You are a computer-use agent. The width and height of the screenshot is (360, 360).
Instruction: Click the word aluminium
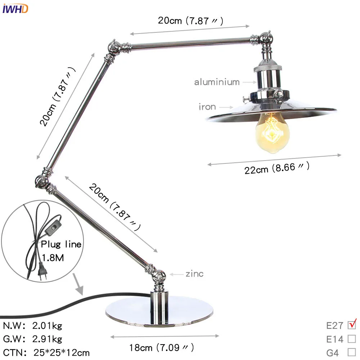point(217,82)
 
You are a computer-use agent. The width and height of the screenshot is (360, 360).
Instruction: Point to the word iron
point(207,107)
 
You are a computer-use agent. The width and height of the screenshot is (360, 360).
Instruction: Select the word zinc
point(194,274)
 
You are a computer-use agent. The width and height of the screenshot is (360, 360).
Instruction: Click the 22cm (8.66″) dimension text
point(277,168)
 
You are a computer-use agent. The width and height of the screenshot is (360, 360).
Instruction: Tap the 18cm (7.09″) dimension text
point(162,348)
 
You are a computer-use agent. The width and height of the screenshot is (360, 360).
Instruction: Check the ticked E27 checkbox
point(351,325)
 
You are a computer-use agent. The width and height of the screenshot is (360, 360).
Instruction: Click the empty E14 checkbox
point(351,339)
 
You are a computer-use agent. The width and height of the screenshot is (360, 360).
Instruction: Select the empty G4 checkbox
point(351,352)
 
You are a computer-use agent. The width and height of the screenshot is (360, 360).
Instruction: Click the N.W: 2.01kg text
point(33,326)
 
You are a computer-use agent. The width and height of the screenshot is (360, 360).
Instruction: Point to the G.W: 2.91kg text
point(33,339)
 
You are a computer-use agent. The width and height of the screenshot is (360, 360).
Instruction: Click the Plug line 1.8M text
point(60,251)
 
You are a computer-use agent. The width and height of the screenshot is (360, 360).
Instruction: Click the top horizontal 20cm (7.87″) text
point(190,21)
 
